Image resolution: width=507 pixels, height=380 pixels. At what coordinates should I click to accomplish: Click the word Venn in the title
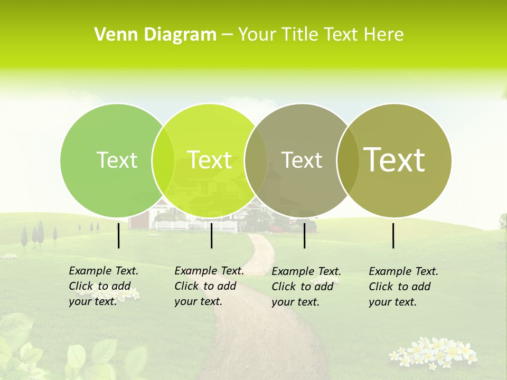[x=111, y=35]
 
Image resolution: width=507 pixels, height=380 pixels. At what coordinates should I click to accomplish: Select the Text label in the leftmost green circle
[x=117, y=160]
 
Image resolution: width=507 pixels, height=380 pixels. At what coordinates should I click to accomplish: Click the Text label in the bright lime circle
[x=209, y=160]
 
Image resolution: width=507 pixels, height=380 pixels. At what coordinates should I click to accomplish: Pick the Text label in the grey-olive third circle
[x=302, y=160]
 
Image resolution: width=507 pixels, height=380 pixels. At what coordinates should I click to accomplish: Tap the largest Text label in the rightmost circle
[x=394, y=160]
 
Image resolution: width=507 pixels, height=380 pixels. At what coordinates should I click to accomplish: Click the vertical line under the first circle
[x=119, y=235]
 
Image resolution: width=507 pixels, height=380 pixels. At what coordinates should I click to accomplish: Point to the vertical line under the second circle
[x=211, y=235]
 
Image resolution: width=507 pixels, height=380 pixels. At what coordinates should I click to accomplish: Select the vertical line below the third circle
[x=304, y=235]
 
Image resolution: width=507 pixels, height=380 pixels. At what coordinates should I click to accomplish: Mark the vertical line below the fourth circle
[x=393, y=235]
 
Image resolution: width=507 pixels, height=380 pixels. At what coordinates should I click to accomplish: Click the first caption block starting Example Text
[x=103, y=286]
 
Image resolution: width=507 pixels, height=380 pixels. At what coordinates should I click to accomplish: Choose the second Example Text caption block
[x=209, y=286]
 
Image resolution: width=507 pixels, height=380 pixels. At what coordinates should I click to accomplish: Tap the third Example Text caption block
[x=306, y=287]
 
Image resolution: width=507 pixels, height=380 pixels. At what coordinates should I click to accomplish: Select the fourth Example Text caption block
[x=403, y=287]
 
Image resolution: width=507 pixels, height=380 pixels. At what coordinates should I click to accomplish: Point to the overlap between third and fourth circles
[x=348, y=160]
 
